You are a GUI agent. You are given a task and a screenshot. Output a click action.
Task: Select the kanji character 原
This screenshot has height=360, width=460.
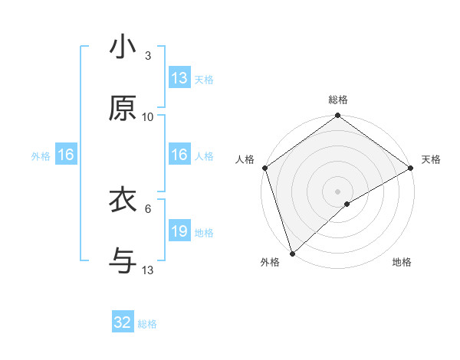coord(122,110)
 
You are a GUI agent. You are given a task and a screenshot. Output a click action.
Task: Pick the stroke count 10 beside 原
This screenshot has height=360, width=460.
coord(148,117)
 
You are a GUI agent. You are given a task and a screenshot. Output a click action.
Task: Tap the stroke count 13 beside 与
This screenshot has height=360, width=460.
coord(148,270)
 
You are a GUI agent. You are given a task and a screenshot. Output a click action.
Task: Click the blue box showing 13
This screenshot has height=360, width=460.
coord(179,78)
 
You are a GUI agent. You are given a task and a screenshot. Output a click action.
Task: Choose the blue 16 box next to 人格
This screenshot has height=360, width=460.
coord(179,155)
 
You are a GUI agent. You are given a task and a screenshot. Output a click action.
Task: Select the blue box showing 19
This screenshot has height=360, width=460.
coord(179,231)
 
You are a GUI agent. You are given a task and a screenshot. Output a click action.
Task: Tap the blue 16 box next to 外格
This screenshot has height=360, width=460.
coord(66,155)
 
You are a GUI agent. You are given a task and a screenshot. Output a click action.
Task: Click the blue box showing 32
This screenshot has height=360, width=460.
coord(123,322)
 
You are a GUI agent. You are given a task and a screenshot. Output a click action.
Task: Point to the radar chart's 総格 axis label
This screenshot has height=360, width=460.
coord(338,100)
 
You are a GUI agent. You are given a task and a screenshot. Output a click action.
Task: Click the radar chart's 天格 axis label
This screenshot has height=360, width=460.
coord(431,159)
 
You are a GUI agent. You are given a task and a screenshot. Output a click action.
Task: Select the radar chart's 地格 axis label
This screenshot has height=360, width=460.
coord(402,263)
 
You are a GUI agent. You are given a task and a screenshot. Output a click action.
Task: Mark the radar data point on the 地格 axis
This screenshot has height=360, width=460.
coord(347,204)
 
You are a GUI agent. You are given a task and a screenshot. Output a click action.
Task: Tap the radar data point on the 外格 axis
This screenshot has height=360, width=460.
coord(292,254)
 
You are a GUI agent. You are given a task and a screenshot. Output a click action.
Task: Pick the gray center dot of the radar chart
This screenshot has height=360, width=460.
coord(338,191)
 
